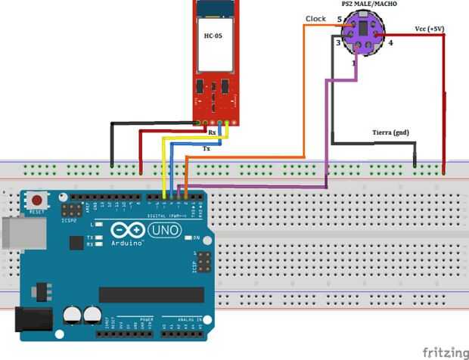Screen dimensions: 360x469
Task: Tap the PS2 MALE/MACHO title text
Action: pos(370,5)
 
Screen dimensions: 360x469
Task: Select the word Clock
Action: pos(316,18)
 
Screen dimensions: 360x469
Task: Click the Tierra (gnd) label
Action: pos(390,132)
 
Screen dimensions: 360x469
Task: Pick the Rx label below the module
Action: pos(213,133)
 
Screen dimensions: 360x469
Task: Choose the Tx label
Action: pos(207,149)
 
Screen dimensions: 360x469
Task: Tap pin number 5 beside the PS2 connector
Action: pos(339,20)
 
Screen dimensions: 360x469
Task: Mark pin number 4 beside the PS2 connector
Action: pos(391,43)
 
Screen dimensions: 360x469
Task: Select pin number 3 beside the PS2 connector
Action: pos(338,43)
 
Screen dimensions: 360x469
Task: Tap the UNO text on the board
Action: pos(159,229)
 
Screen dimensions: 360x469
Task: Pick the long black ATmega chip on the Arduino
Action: pos(151,294)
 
